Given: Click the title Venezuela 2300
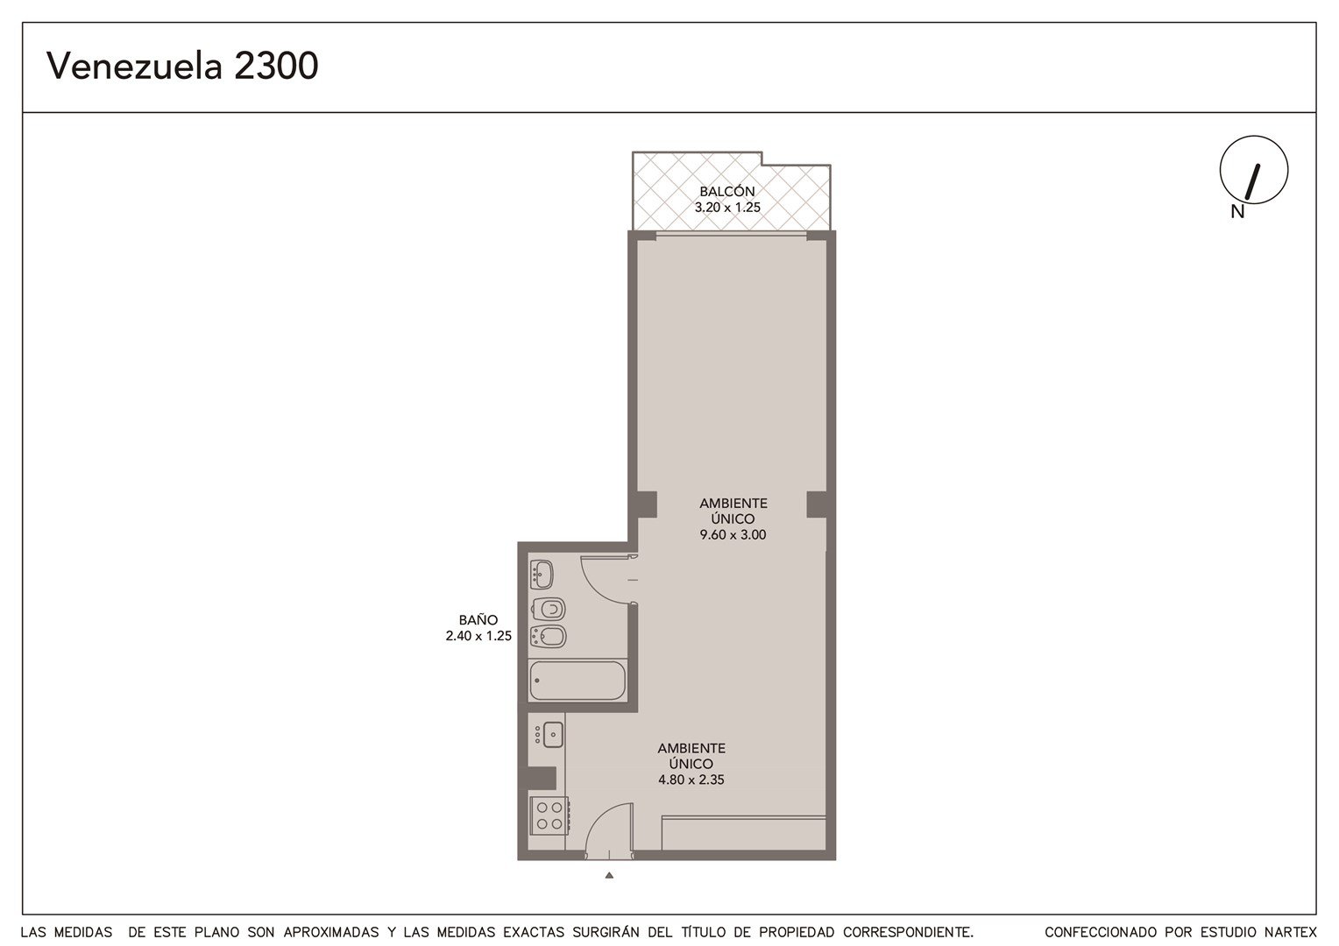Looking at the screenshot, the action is point(182,66).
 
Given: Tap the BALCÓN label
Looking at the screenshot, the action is point(727,191).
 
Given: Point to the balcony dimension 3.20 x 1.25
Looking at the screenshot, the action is point(727,208).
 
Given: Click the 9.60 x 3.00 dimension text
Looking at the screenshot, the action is point(733,534).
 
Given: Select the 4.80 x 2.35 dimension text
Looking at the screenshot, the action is point(691,780).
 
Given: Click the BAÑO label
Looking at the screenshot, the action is point(478,619).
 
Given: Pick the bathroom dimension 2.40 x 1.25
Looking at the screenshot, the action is point(478,636).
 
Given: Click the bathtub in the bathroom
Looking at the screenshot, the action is point(577,680).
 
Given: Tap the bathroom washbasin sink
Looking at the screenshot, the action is point(542,575).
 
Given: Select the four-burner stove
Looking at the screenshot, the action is point(549,815).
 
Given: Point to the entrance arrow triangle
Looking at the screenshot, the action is point(609,875).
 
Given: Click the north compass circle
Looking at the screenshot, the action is point(1254,170).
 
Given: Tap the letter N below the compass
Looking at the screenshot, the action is point(1237,212).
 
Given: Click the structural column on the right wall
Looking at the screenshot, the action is point(817,505).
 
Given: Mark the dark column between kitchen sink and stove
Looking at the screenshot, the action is point(542,778).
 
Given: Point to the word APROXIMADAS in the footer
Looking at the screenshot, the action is point(331,932).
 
